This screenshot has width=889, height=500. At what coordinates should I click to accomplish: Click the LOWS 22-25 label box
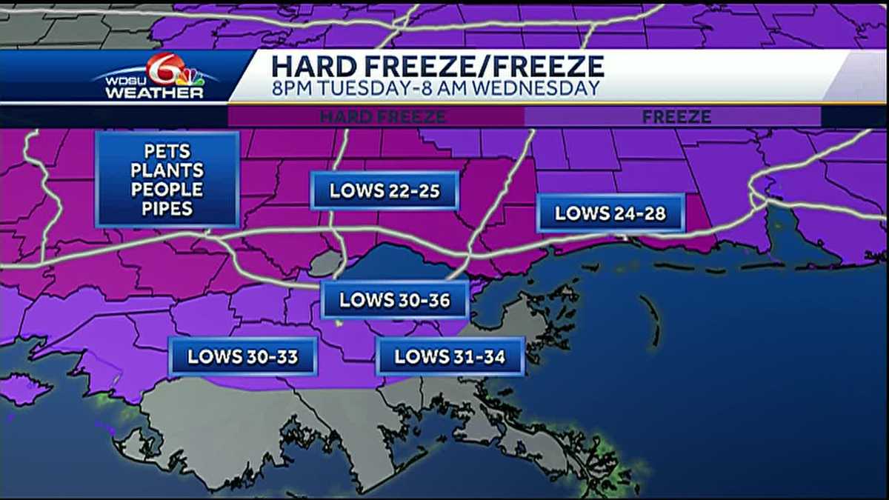tap(384, 191)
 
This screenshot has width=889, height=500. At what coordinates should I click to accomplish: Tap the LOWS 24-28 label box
tap(610, 214)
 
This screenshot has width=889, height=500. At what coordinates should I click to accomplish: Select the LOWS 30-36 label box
tap(394, 300)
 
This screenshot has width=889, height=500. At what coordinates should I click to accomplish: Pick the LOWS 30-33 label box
tap(242, 357)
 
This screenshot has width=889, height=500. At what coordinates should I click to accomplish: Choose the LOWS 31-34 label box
tap(450, 357)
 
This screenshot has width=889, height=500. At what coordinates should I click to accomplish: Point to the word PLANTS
tap(167, 171)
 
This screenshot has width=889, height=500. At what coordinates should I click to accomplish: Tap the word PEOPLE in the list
tap(167, 190)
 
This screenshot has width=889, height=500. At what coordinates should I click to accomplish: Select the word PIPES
tap(167, 209)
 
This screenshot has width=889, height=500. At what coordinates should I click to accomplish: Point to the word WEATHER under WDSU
tap(153, 93)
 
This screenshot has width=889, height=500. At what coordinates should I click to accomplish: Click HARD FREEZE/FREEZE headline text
tap(437, 66)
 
